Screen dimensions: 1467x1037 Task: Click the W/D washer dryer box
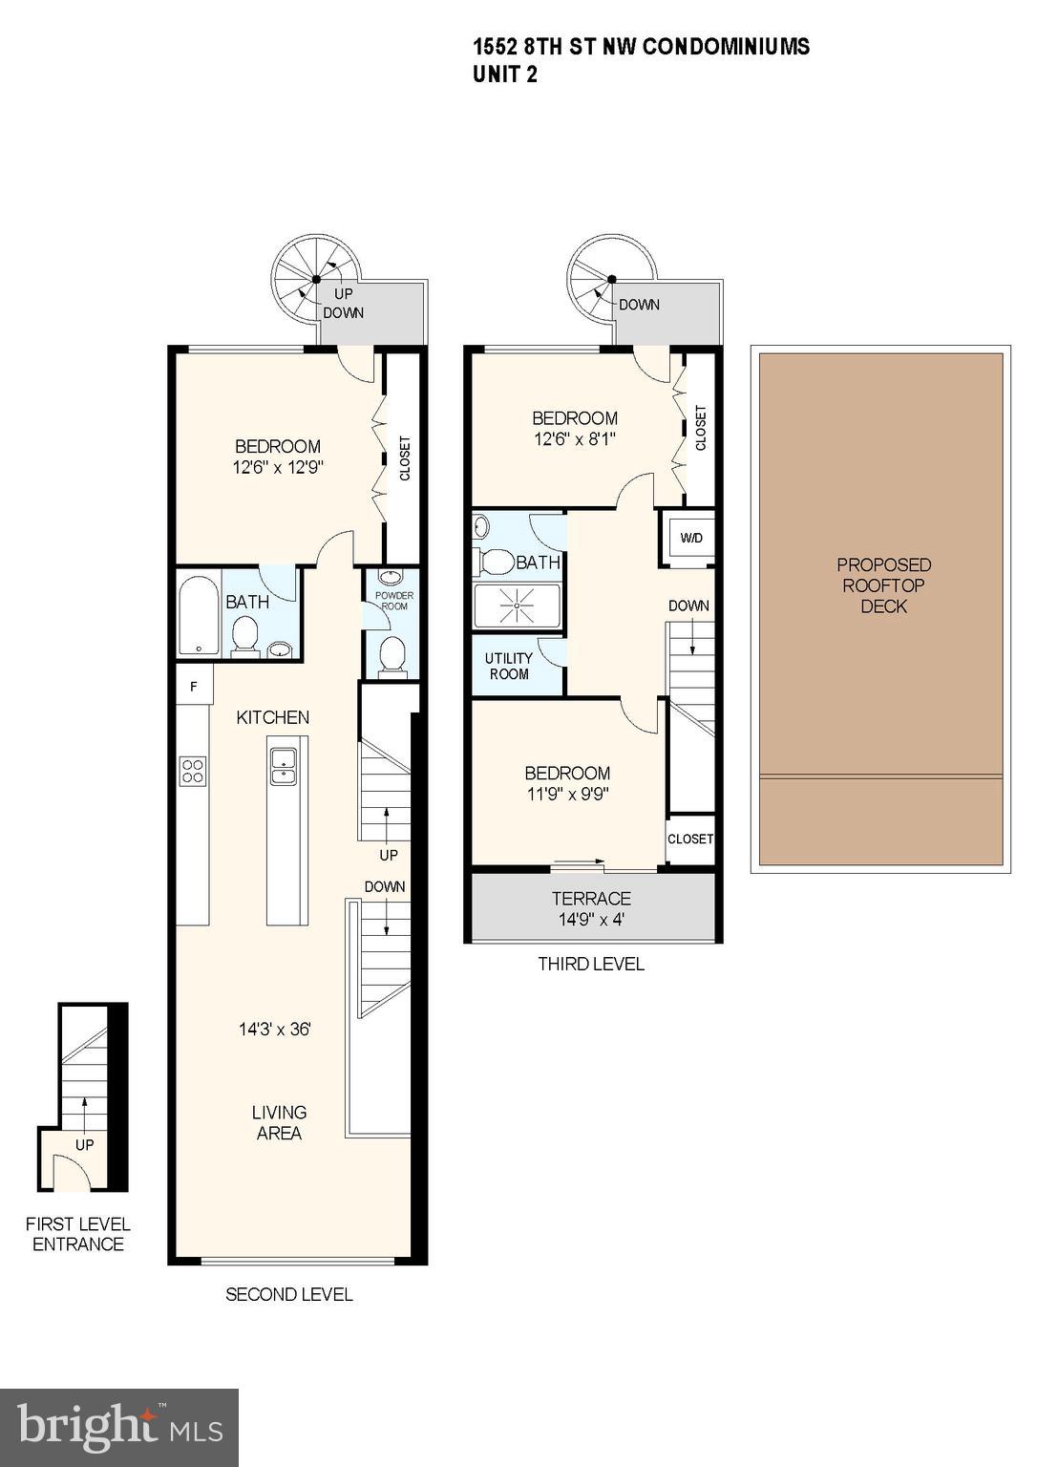[690, 538]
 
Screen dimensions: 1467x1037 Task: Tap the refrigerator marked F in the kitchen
[194, 686]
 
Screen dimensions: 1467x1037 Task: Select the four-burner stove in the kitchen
[193, 770]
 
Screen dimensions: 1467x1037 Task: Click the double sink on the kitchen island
[284, 766]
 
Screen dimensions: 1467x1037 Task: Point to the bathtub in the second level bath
[199, 616]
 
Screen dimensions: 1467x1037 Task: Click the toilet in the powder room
[392, 656]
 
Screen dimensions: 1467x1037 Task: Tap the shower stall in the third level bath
[518, 606]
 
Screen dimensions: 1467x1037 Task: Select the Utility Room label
[509, 666]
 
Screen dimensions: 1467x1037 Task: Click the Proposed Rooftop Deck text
[883, 585]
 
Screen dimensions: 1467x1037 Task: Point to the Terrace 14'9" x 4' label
[591, 909]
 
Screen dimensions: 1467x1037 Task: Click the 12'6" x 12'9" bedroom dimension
[278, 468]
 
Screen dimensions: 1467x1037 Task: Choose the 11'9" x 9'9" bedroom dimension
[567, 794]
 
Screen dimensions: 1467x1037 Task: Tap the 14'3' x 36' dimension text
[275, 1030]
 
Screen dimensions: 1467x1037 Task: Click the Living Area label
[279, 1122]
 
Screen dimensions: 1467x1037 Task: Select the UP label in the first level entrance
[85, 1144]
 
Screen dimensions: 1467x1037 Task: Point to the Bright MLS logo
[119, 1427]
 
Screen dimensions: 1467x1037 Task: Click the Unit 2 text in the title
[505, 74]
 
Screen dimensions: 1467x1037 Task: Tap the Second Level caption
[289, 1294]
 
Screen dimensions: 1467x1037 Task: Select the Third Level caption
[591, 964]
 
